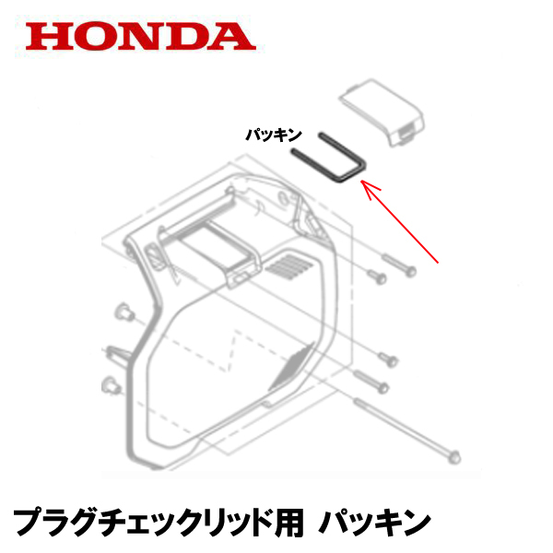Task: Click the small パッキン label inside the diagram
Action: (x=274, y=135)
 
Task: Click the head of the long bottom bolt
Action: (x=453, y=454)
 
